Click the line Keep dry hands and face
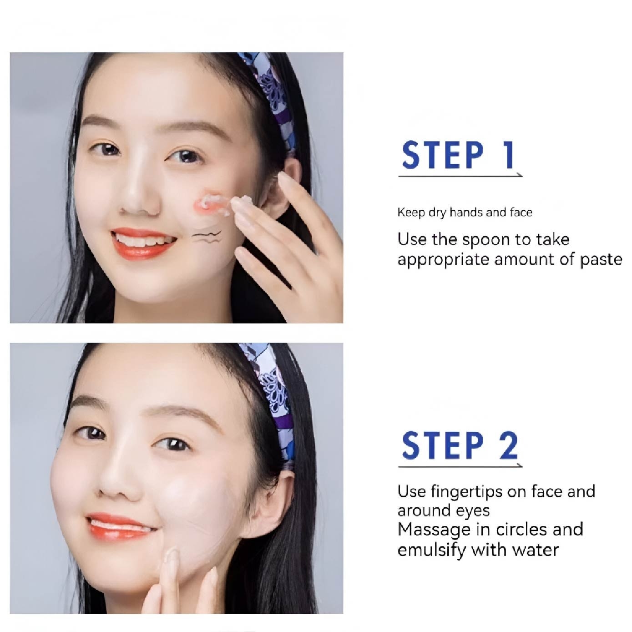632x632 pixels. tap(465, 212)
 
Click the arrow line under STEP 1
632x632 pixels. tap(460, 176)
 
